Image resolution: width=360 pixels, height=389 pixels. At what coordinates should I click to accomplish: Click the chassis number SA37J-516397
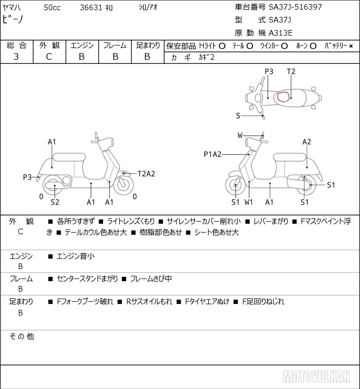[x=295, y=7]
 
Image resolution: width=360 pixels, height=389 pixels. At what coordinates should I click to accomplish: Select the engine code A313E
[x=280, y=33]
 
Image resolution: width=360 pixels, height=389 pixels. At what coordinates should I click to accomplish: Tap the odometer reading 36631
[x=91, y=8]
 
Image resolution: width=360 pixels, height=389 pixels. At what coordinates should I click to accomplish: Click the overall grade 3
[x=16, y=57]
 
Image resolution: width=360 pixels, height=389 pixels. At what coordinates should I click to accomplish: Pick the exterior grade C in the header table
[x=49, y=57]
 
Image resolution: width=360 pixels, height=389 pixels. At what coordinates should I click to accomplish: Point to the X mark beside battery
[x=351, y=46]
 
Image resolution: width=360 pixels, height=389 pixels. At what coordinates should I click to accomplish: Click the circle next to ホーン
[x=313, y=46]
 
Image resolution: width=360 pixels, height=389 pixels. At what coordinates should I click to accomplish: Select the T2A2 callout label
[x=146, y=174]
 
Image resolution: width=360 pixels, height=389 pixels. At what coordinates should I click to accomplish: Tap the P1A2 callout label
[x=213, y=154]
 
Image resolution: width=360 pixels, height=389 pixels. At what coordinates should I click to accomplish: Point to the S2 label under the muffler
[x=55, y=202]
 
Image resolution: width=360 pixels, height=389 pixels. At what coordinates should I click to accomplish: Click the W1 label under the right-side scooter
[x=249, y=202]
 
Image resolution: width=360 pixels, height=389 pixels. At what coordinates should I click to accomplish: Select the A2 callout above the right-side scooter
[x=307, y=142]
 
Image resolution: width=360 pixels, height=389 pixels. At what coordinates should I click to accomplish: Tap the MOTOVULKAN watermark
[x=316, y=377]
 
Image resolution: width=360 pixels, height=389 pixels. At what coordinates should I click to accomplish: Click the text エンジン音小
[x=76, y=256]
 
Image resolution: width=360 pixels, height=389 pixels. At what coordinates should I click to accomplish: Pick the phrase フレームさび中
[x=151, y=278]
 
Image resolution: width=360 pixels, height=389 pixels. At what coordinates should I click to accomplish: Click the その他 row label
[x=22, y=336]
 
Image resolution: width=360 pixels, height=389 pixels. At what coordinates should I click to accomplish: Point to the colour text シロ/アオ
[x=148, y=7]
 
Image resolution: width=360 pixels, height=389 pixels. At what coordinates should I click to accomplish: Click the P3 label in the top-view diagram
[x=269, y=71]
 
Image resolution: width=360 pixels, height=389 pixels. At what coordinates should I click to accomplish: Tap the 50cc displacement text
[x=52, y=8]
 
